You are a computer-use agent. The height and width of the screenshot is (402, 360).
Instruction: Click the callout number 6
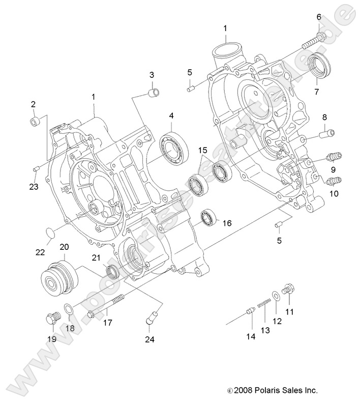point(319,17)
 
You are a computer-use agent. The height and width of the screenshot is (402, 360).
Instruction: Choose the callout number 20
point(65,247)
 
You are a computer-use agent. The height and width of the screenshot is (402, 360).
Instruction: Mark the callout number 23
point(33,186)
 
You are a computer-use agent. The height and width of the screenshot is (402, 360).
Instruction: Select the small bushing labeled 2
point(35,122)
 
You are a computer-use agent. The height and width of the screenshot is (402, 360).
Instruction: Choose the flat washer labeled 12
point(276,295)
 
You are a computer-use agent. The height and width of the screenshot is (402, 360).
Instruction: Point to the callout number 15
point(202,151)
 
